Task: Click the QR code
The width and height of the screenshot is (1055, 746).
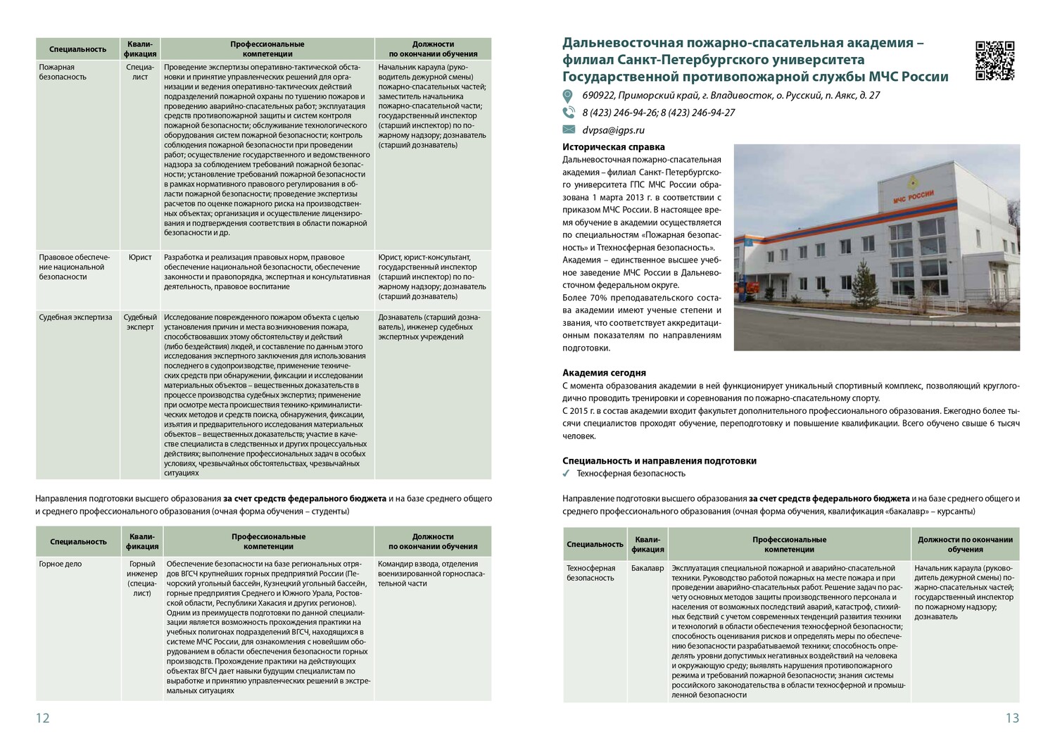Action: pyautogui.click(x=995, y=61)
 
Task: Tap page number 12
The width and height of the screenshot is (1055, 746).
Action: pyautogui.click(x=43, y=718)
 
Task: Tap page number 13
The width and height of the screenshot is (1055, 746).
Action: pyautogui.click(x=1012, y=718)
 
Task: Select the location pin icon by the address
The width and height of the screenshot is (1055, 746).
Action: pyautogui.click(x=568, y=96)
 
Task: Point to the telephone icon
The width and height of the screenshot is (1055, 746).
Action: pyautogui.click(x=569, y=113)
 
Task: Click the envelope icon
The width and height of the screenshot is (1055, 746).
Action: pyautogui.click(x=569, y=129)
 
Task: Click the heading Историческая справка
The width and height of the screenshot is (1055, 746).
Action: pyautogui.click(x=613, y=147)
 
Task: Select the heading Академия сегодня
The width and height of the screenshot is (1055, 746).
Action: pyautogui.click(x=604, y=373)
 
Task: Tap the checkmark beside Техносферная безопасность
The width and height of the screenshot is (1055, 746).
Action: pyautogui.click(x=567, y=474)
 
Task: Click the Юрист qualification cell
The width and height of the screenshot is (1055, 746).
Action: pyautogui.click(x=140, y=258)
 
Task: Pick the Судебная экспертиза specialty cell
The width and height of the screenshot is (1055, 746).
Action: pyautogui.click(x=75, y=317)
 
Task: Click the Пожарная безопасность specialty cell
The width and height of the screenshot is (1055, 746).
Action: pyautogui.click(x=63, y=72)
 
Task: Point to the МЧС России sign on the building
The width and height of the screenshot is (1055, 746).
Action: pyautogui.click(x=913, y=197)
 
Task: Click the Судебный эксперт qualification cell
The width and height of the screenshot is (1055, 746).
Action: pyautogui.click(x=140, y=322)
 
